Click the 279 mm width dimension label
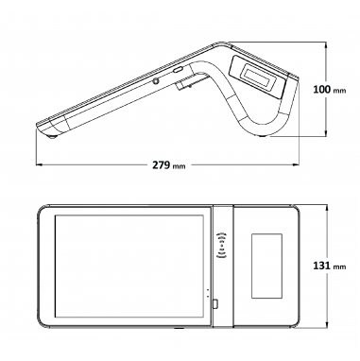click(169, 164)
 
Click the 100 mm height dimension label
click(330, 90)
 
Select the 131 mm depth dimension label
click(330, 266)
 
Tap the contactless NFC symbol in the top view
click(222, 246)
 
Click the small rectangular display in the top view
click(266, 266)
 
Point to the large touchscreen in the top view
click(129, 266)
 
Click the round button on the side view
click(156, 81)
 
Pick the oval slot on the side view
click(178, 70)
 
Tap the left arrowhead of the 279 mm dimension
click(39, 164)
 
